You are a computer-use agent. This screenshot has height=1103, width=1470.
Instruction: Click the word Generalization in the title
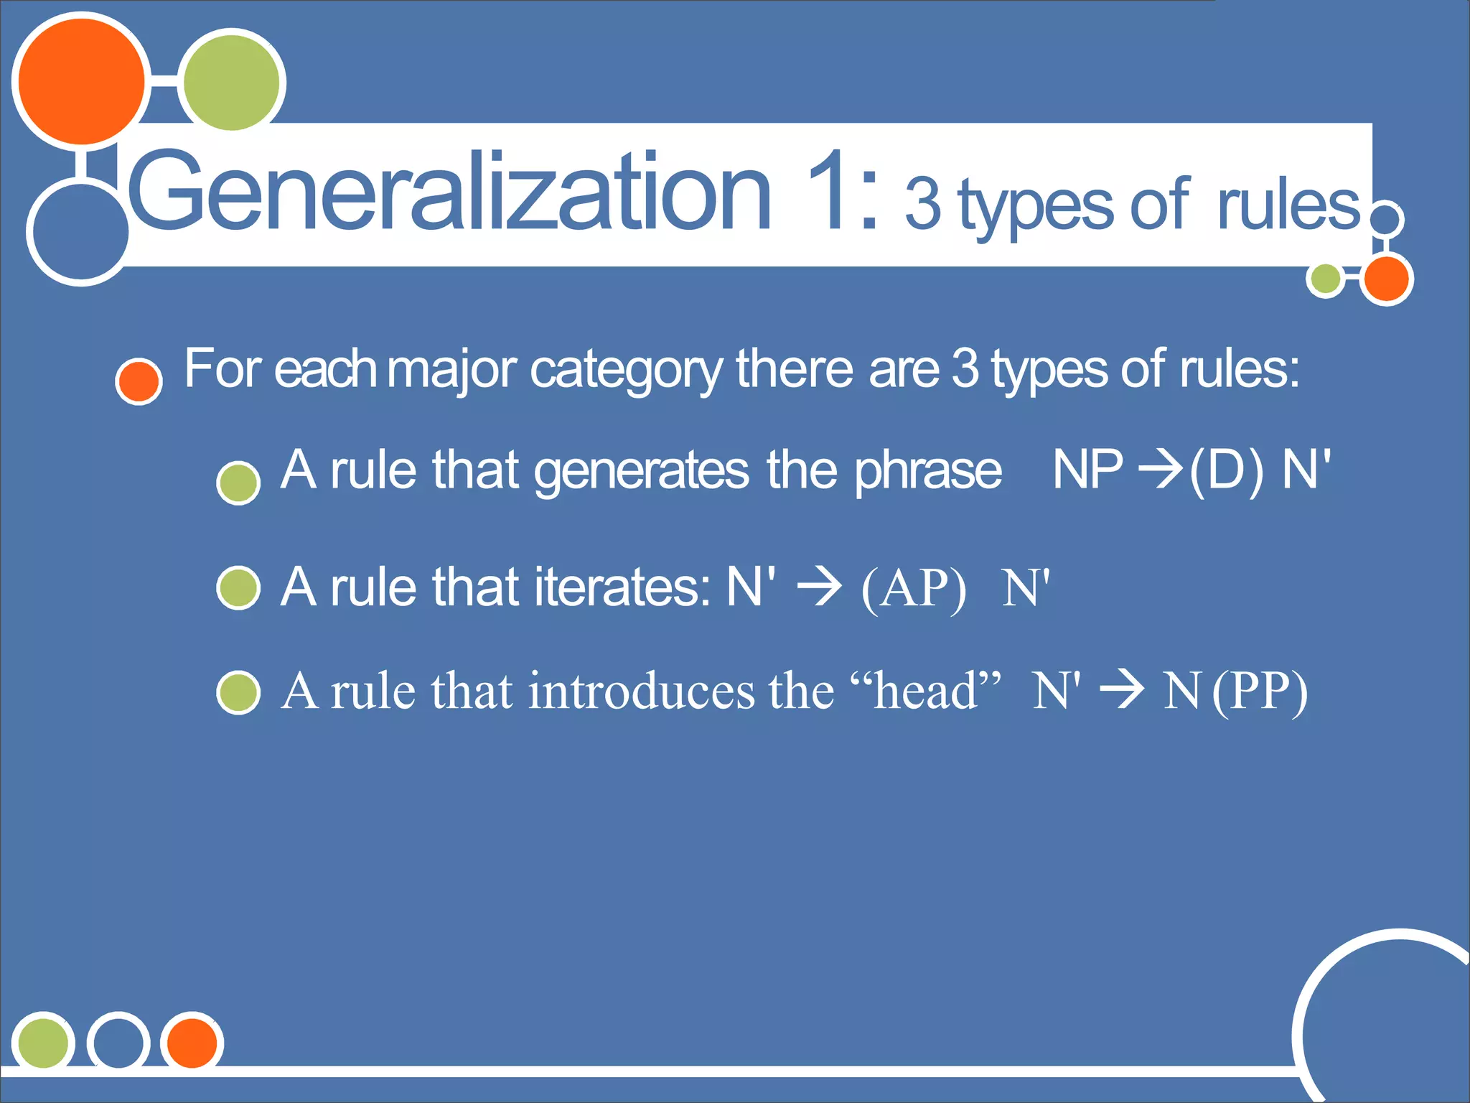tap(449, 192)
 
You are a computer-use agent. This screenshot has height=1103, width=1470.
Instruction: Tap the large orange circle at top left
tap(81, 81)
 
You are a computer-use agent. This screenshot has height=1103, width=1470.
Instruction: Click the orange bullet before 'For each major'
tap(139, 381)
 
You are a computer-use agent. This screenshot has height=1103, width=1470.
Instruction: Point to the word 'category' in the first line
tap(626, 371)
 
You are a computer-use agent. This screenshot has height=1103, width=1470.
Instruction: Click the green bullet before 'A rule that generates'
tap(238, 483)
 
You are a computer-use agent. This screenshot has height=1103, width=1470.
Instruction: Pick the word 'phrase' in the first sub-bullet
tap(927, 473)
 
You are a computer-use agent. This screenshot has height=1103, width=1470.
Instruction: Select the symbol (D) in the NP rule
tap(1226, 472)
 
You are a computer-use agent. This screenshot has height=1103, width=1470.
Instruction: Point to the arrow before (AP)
tap(819, 587)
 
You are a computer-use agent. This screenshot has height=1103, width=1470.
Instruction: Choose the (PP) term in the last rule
tap(1260, 692)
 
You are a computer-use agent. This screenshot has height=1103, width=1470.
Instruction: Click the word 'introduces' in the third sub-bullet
tap(642, 691)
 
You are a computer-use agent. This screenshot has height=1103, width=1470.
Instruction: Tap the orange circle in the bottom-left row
tap(192, 1042)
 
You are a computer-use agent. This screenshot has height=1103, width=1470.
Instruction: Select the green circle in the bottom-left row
tap(43, 1042)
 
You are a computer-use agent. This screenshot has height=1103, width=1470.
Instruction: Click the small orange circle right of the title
tap(1386, 279)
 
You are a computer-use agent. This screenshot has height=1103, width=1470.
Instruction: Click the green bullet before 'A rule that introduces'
tap(238, 693)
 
